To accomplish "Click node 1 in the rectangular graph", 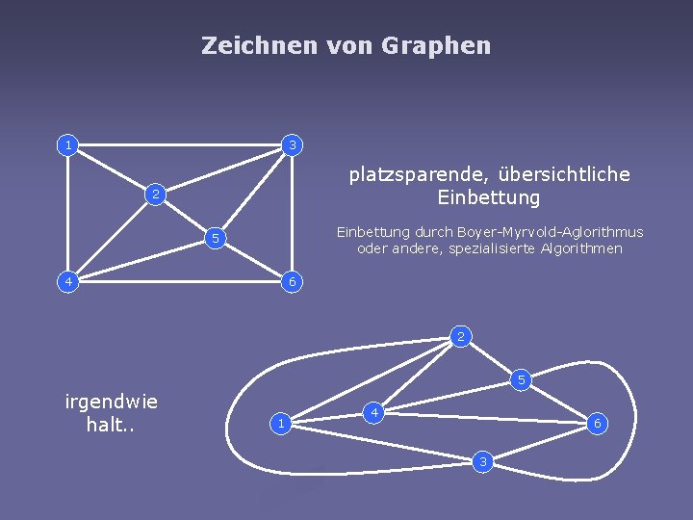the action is click(66, 145).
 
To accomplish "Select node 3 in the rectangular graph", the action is click(294, 145).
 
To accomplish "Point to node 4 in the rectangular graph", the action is click(66, 281).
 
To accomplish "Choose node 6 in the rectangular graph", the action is click(294, 281).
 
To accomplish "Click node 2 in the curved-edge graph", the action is click(461, 336).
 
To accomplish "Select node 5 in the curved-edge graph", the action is click(521, 379).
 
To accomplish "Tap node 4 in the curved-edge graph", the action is click(375, 413).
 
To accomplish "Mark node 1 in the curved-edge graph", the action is click(279, 423).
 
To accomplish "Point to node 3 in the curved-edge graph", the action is click(484, 463).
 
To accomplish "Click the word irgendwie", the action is click(112, 402).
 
